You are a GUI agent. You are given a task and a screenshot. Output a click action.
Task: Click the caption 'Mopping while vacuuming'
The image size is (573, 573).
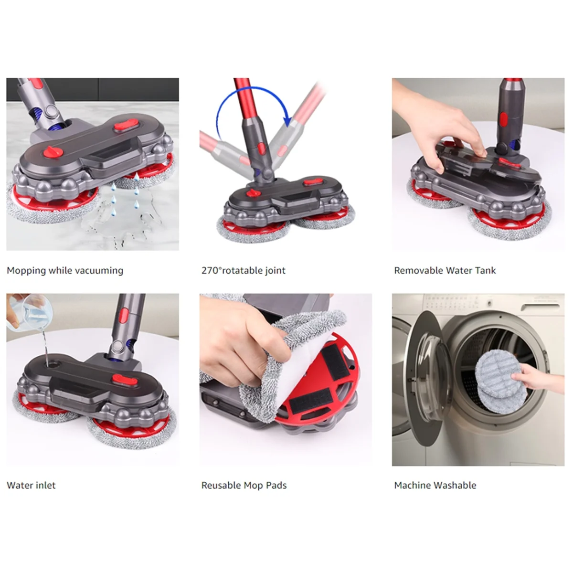[65, 271]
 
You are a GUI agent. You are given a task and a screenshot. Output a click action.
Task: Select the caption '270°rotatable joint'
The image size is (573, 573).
[243, 271]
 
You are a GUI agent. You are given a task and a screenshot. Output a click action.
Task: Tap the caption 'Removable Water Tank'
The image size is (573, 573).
[445, 271]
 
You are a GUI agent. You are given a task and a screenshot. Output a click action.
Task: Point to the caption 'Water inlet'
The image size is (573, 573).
[31, 486]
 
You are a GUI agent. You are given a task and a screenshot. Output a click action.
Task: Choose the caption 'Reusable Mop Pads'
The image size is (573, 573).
[244, 486]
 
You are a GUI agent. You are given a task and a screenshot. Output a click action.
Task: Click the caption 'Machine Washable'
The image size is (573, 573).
[435, 486]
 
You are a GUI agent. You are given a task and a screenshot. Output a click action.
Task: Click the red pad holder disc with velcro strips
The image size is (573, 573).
[320, 382]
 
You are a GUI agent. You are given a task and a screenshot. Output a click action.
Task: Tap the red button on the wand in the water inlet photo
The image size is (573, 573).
[124, 315]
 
